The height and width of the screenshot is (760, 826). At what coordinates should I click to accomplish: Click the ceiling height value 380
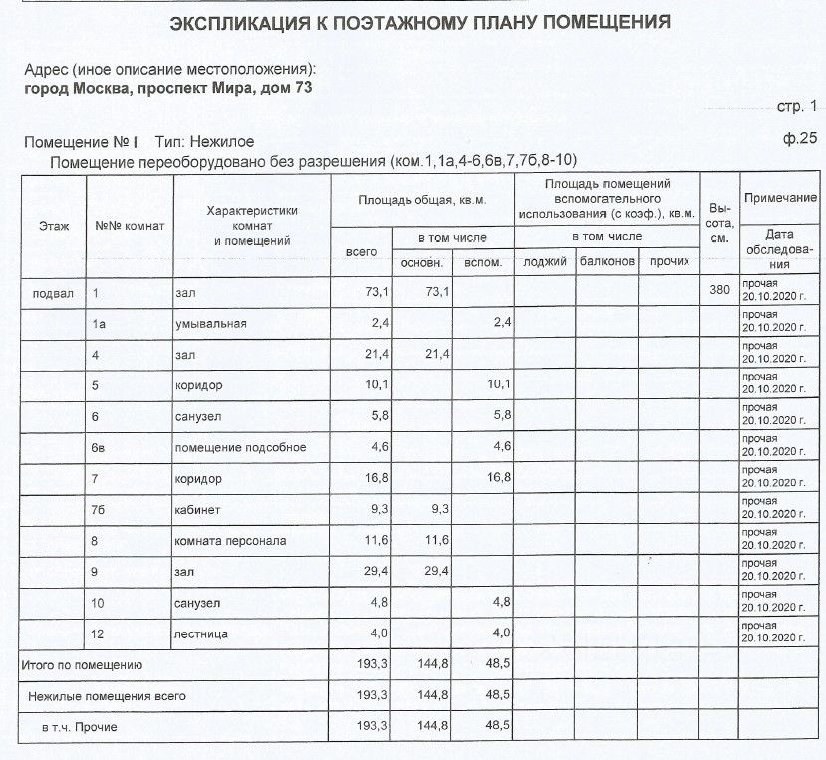tap(717, 292)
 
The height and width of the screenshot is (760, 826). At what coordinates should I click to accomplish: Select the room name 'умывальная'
tap(210, 324)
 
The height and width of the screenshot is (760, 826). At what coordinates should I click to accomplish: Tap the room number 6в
tap(99, 447)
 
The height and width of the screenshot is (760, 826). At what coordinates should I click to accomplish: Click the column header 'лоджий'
tap(543, 261)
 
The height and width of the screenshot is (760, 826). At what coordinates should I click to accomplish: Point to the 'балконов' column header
tap(606, 261)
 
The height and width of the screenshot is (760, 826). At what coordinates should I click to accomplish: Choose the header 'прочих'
tap(669, 261)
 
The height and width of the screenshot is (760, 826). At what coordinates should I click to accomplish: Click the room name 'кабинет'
tap(199, 510)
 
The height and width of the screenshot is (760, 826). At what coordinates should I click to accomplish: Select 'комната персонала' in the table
tap(230, 541)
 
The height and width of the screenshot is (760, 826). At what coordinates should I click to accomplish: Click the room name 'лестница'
tap(201, 633)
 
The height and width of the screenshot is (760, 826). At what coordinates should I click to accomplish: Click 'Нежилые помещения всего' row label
tap(107, 695)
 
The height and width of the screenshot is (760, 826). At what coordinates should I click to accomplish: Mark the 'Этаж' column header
tap(54, 226)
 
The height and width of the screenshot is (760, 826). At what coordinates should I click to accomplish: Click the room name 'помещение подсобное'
tap(240, 447)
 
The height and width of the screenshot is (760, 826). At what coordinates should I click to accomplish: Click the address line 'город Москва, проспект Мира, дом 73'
tap(167, 88)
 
